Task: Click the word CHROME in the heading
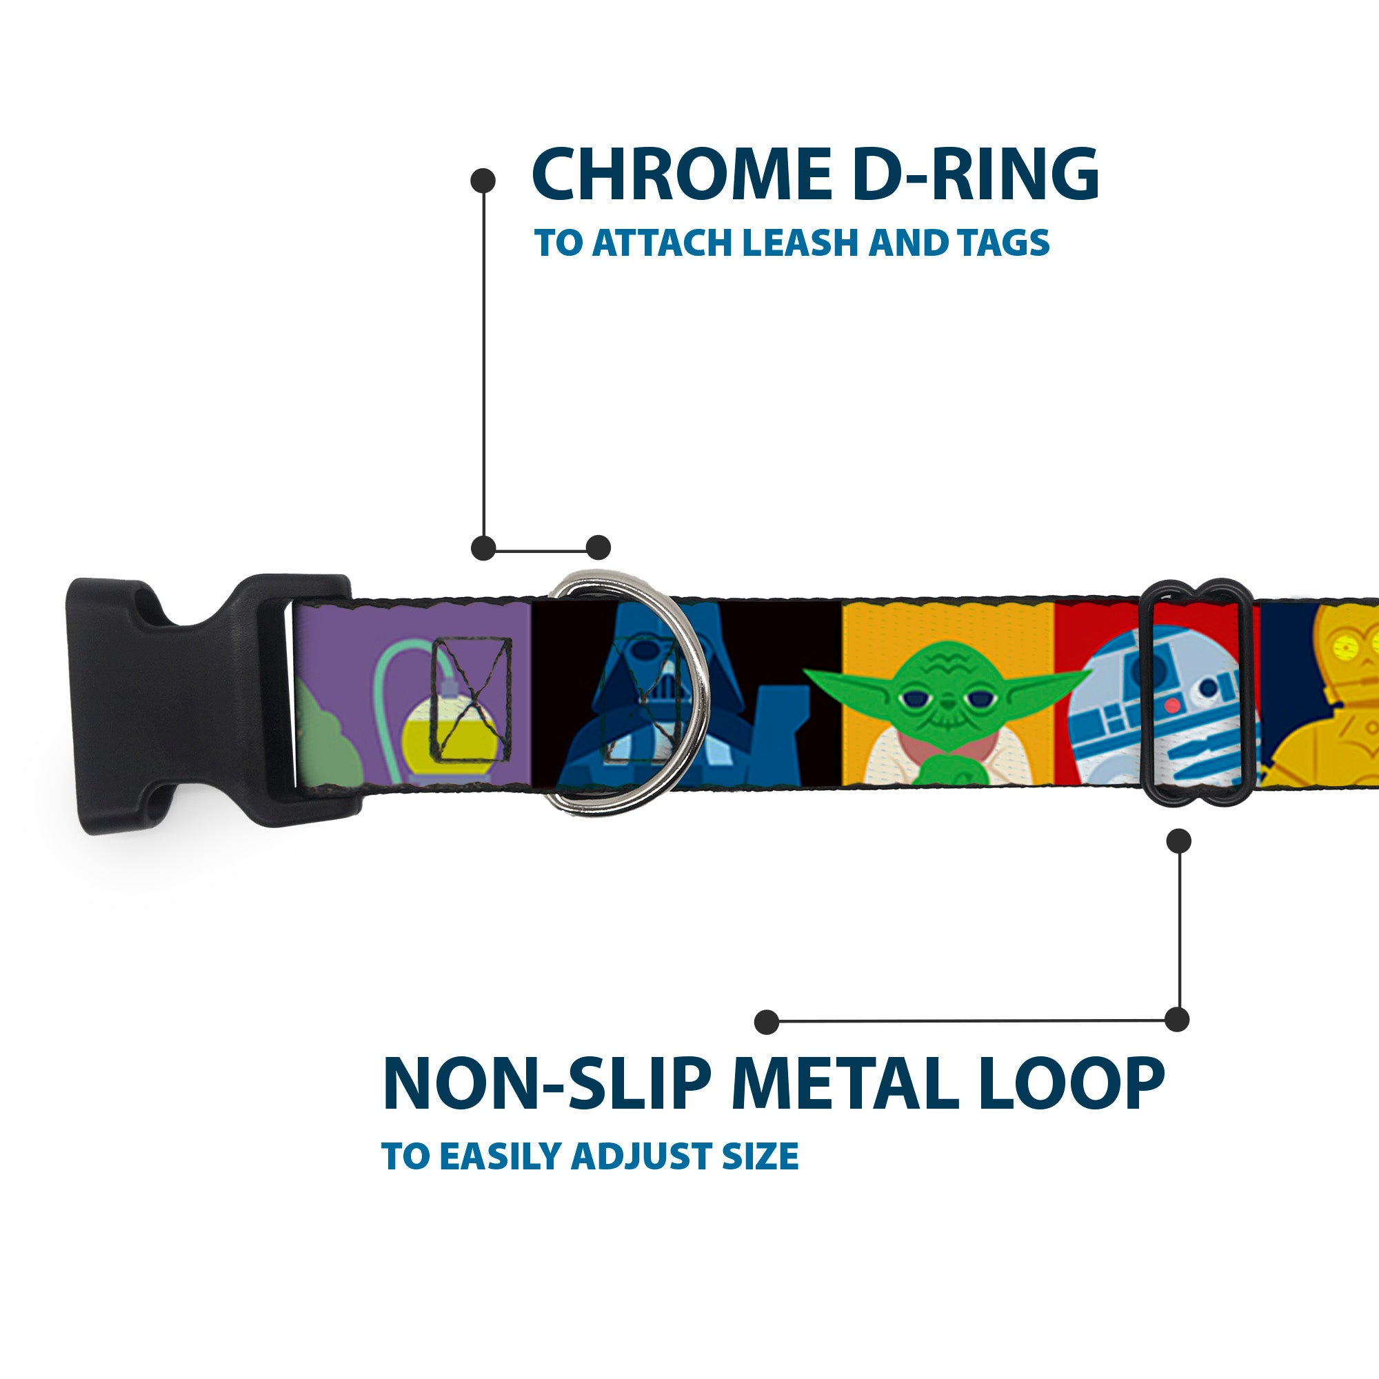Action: (x=681, y=176)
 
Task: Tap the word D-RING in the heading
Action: (x=975, y=176)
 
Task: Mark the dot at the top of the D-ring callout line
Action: (x=483, y=181)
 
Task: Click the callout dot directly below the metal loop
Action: (x=1178, y=841)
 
